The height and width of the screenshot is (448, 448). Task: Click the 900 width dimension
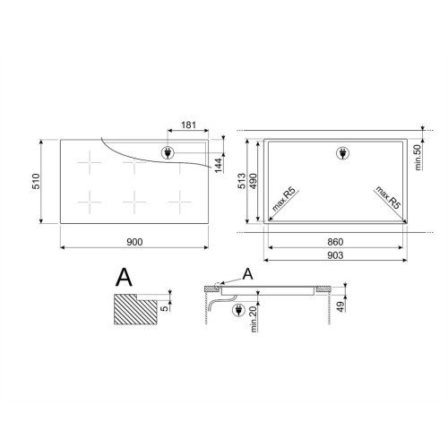tap(134, 242)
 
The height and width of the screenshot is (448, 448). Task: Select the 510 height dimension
tap(36, 181)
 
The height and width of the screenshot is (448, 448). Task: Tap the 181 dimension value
tap(188, 125)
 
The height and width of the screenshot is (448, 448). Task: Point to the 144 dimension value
tap(219, 165)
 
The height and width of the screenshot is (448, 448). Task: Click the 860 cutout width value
tap(335, 242)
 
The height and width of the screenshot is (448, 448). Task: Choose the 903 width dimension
tap(335, 255)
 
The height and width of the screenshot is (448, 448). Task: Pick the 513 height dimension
tap(242, 181)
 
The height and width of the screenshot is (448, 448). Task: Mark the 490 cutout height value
tap(254, 181)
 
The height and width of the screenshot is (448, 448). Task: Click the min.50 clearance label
tap(418, 157)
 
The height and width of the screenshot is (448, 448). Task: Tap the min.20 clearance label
tap(254, 319)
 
